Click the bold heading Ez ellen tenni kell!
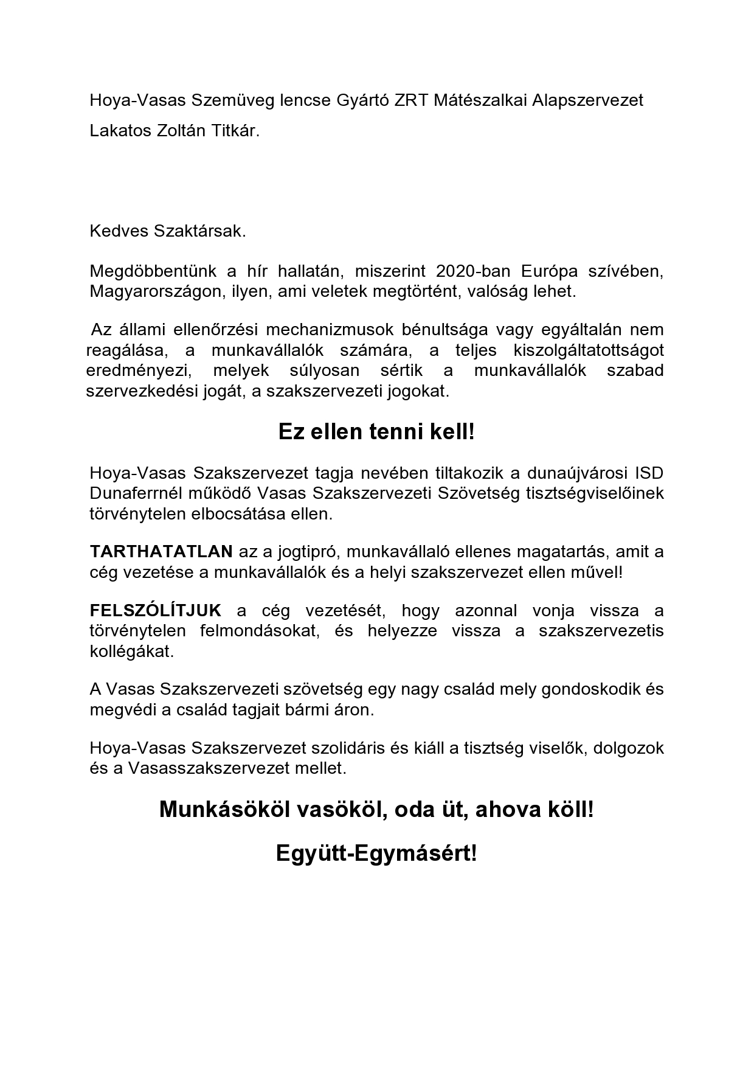(x=376, y=432)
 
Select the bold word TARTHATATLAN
(x=161, y=552)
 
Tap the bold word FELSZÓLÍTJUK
(x=156, y=610)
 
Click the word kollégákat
(x=131, y=651)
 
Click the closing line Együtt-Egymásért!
(x=376, y=853)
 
